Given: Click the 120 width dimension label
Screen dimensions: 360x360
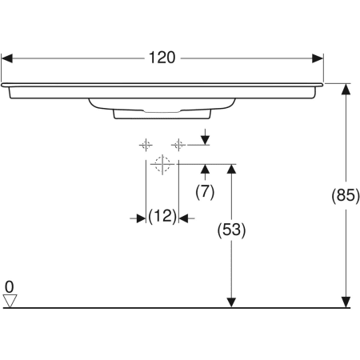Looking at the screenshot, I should click(x=162, y=58).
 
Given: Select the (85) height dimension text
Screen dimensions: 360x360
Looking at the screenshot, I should click(x=345, y=195).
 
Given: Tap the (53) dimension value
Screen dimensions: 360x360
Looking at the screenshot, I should click(x=231, y=229).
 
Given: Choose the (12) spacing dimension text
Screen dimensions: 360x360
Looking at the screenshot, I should click(x=162, y=217).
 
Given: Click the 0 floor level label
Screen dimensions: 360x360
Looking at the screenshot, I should click(x=9, y=286).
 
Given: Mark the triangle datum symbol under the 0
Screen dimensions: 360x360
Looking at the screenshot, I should click(x=10, y=300).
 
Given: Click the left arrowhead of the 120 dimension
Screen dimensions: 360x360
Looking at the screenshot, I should click(x=7, y=58).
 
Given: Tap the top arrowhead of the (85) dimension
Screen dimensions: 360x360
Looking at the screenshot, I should click(x=346, y=89).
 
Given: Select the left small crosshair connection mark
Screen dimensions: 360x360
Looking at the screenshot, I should click(x=146, y=145).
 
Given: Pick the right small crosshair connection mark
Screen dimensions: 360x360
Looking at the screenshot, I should click(x=178, y=145).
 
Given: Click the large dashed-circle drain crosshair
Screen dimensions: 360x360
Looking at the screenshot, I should click(x=162, y=165).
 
